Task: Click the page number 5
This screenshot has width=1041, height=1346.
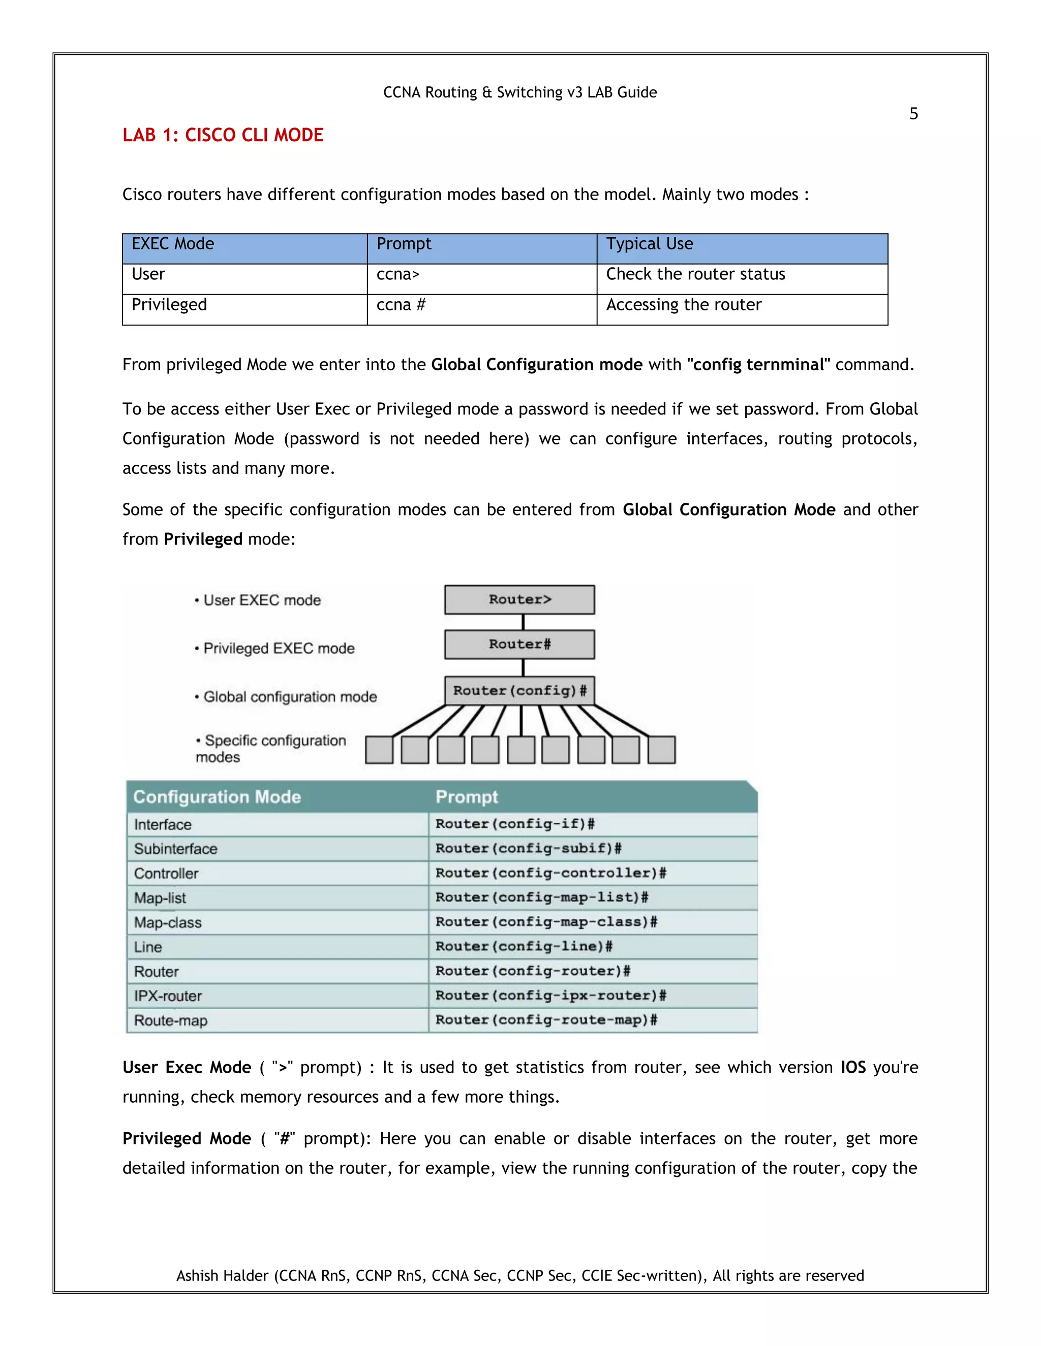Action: click(913, 114)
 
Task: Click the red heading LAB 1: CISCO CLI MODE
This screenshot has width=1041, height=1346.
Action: click(223, 136)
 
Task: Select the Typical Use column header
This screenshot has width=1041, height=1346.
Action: click(650, 244)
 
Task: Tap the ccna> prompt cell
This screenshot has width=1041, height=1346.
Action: click(398, 274)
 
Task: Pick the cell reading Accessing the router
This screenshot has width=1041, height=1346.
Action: click(683, 305)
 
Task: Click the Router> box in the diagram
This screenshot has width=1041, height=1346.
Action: click(519, 600)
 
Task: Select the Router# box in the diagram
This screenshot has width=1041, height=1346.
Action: click(519, 644)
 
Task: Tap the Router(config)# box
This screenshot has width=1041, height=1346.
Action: click(519, 690)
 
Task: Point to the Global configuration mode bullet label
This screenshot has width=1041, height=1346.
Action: click(290, 697)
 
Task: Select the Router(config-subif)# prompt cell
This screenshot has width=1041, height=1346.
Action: click(528, 849)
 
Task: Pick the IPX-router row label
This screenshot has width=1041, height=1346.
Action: click(168, 996)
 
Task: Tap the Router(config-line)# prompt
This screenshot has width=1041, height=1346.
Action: click(524, 947)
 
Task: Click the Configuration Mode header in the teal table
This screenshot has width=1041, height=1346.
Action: click(217, 797)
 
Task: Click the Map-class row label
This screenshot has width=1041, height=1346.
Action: click(168, 922)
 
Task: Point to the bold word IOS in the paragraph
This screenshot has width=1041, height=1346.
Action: click(853, 1068)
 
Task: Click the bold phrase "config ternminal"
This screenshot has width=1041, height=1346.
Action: click(758, 365)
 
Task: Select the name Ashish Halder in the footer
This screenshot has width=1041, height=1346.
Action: click(223, 1276)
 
